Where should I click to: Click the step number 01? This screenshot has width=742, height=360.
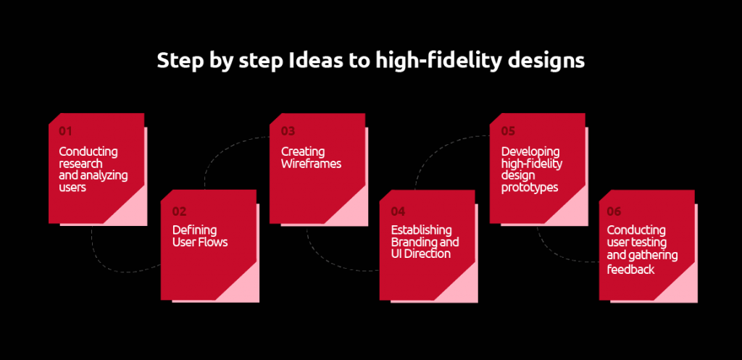(66, 131)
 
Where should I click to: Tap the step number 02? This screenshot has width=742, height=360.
(179, 211)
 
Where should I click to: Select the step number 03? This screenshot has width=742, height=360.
(288, 131)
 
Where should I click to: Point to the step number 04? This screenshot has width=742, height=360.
(398, 211)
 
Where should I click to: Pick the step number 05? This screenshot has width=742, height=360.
(508, 131)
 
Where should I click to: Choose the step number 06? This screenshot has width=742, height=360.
(614, 211)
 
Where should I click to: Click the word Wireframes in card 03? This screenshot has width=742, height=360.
(311, 164)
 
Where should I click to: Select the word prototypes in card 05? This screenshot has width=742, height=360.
(530, 187)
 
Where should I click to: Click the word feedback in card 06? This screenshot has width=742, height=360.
(630, 269)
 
